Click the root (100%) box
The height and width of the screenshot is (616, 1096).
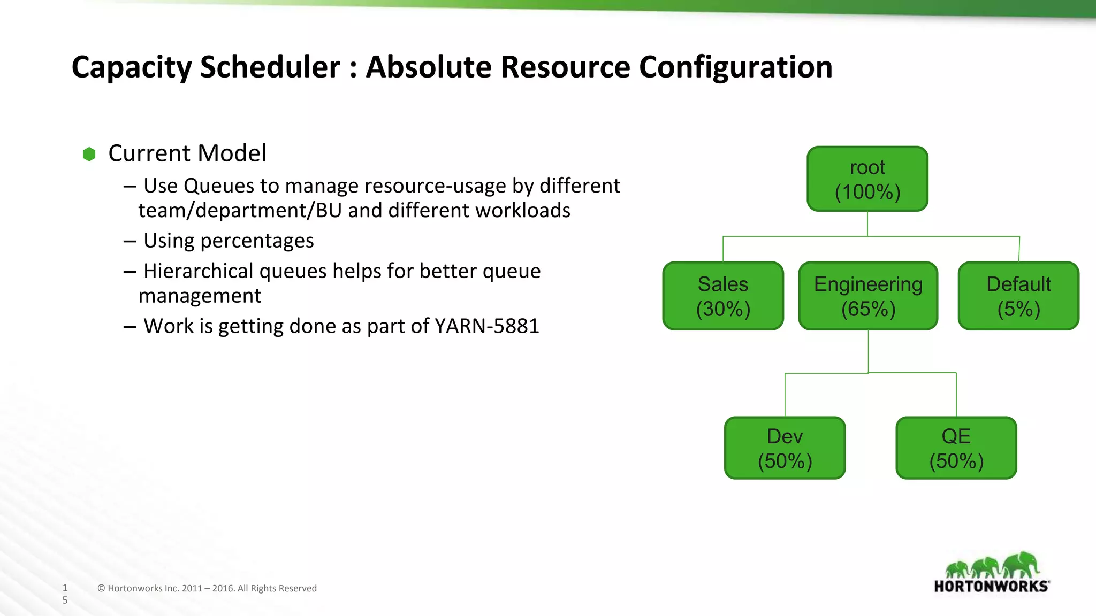coord(867,179)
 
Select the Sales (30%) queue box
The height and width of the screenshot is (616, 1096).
coord(723,296)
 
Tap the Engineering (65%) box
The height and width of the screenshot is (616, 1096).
coord(868,296)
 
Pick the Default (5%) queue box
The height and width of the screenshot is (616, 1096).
coord(1018,296)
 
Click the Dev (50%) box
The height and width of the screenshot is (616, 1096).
coord(785,448)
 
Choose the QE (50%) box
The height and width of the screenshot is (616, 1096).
coord(956,448)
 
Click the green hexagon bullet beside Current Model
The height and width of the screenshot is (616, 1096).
coord(89,155)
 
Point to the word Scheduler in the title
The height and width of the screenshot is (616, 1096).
coord(270,67)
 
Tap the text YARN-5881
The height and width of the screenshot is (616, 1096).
coord(486,326)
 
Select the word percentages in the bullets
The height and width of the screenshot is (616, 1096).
coord(257,241)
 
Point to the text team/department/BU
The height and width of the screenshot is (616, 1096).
coord(240,211)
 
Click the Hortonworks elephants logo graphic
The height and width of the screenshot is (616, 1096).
coord(992,565)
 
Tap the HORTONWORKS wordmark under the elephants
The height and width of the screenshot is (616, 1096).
coord(991,587)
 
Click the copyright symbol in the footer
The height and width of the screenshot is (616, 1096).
coord(101,589)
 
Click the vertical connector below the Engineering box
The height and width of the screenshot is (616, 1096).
coord(868,351)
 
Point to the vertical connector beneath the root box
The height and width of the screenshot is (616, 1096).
coord(867,224)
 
